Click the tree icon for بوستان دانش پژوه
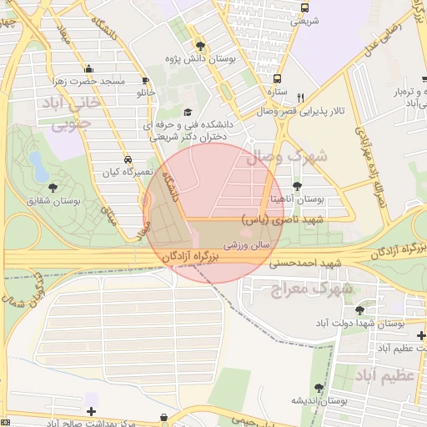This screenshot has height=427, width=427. click(x=199, y=45)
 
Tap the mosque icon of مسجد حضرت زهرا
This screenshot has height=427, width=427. click(x=89, y=69)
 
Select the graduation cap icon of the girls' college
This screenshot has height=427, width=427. click(x=187, y=113)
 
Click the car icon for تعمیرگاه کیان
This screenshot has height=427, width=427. click(x=126, y=158)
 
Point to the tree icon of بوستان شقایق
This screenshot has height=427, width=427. click(x=54, y=188)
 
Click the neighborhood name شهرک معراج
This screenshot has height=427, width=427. click(x=312, y=289)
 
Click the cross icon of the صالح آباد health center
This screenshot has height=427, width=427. click(x=91, y=411)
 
